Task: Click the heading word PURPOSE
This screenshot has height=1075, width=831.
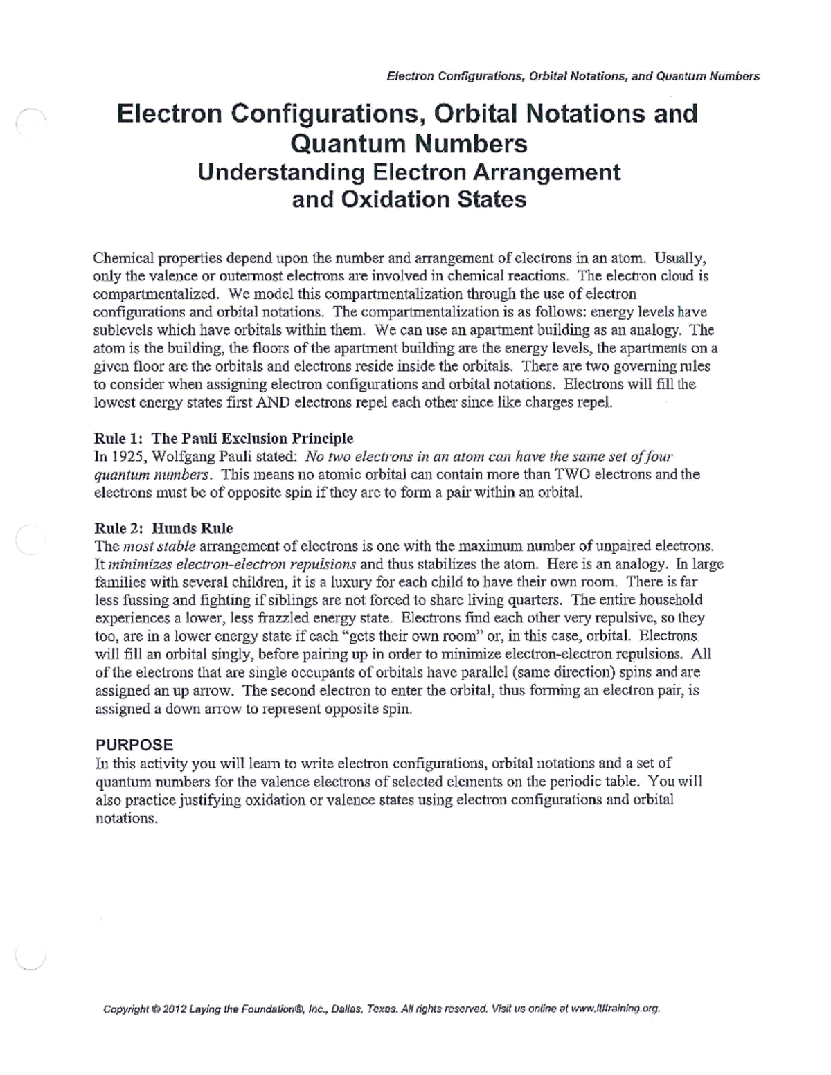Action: (134, 745)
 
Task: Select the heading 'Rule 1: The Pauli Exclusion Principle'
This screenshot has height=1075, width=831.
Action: (224, 438)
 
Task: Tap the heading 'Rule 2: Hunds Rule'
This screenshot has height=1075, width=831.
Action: (163, 528)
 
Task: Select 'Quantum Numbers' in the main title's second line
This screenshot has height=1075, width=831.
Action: (409, 143)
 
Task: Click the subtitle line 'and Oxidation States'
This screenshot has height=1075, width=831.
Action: (409, 199)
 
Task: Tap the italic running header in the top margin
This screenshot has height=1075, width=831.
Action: (572, 76)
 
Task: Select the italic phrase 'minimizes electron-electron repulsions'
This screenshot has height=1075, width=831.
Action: (232, 564)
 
